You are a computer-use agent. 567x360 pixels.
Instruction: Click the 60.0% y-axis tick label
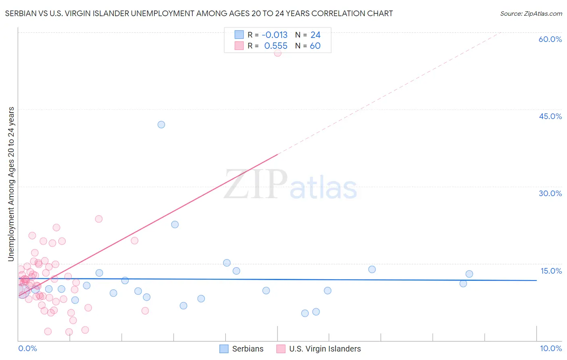pyautogui.click(x=550, y=39)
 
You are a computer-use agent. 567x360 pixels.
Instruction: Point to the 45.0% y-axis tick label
pyautogui.click(x=550, y=116)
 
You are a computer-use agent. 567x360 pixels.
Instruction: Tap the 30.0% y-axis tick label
pyautogui.click(x=550, y=193)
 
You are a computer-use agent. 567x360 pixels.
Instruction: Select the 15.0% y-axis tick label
pyautogui.click(x=551, y=271)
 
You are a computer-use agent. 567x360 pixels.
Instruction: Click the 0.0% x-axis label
pyautogui.click(x=27, y=348)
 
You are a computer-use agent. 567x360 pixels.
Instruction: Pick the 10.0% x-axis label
pyautogui.click(x=551, y=348)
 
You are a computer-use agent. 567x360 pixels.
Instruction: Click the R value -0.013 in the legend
pyautogui.click(x=275, y=35)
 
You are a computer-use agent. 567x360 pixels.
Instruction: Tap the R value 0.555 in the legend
pyautogui.click(x=276, y=46)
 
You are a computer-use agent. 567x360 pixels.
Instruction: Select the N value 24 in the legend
pyautogui.click(x=315, y=35)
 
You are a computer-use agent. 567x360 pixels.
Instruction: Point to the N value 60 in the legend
pyautogui.click(x=315, y=46)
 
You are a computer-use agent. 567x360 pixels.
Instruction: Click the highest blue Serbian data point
pyautogui.click(x=161, y=125)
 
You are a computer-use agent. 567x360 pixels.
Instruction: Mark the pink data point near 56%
pyautogui.click(x=277, y=53)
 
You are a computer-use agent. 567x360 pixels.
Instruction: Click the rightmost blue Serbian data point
pyautogui.click(x=469, y=274)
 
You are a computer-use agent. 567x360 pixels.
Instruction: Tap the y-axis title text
pyautogui.click(x=11, y=184)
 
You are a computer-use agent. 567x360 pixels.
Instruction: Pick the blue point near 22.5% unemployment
pyautogui.click(x=175, y=224)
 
